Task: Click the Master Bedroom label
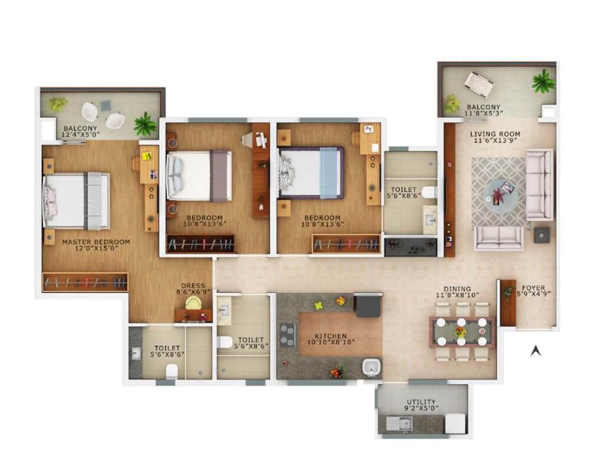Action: [x=96, y=241]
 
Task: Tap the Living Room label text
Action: [x=495, y=134]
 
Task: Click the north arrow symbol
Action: [x=535, y=351]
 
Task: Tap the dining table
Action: [x=462, y=332]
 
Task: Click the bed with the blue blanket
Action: [x=310, y=171]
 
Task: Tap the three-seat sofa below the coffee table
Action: [x=499, y=237]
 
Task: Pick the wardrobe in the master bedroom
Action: [x=85, y=282]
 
